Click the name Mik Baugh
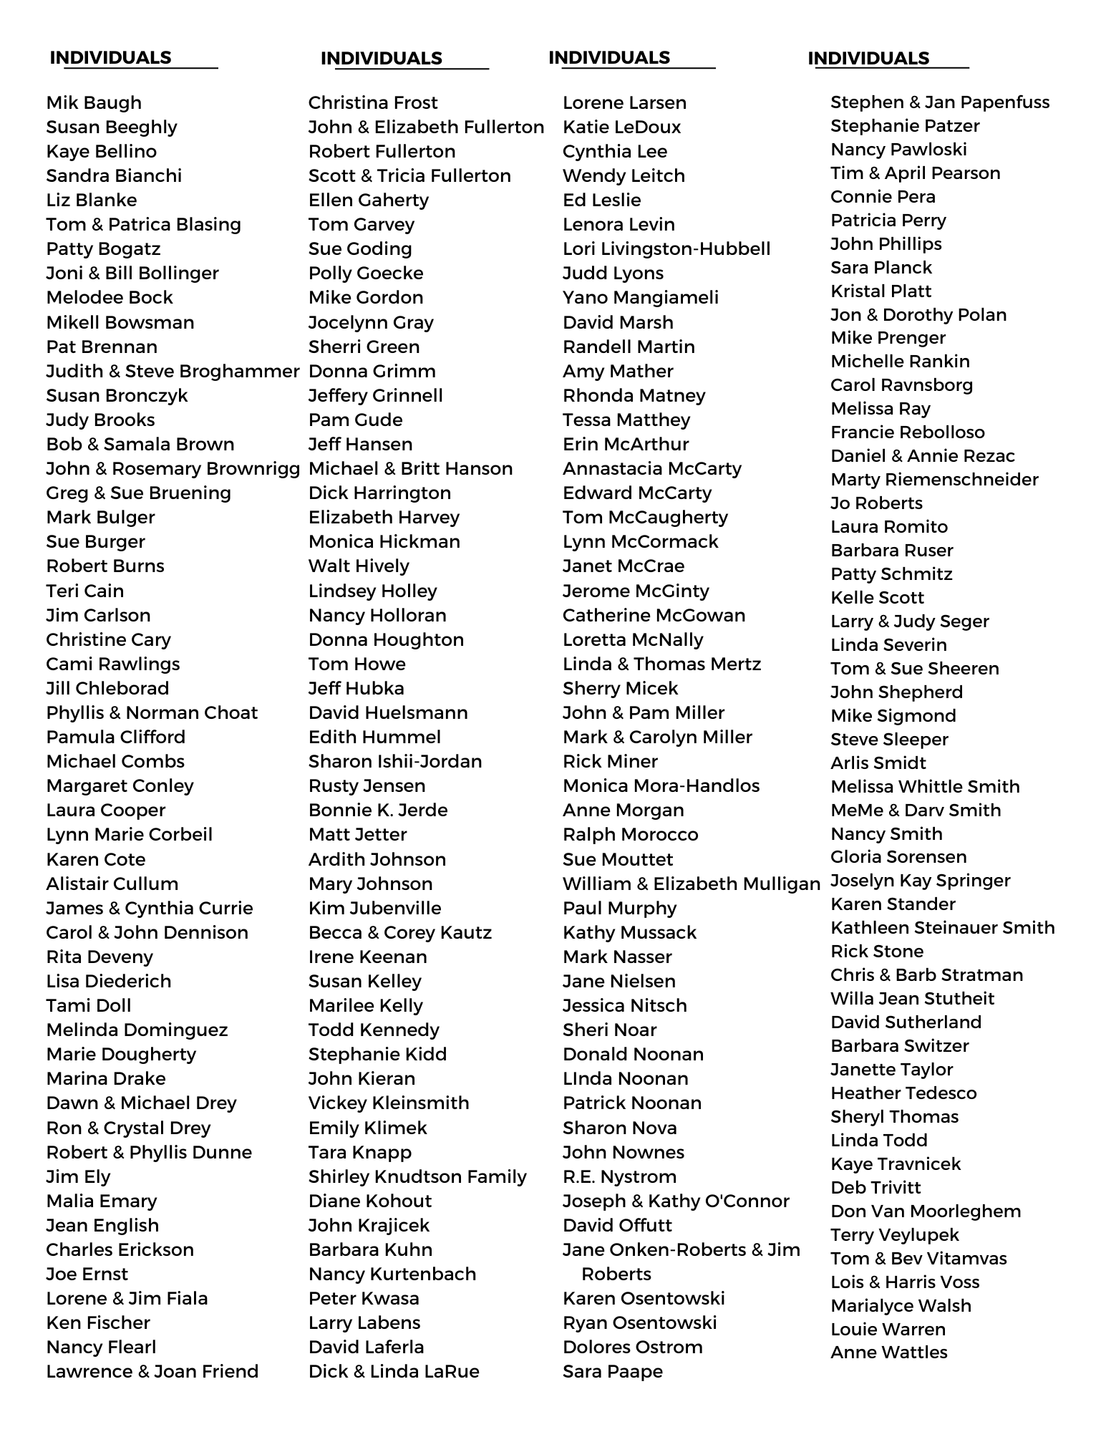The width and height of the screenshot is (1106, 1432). [94, 103]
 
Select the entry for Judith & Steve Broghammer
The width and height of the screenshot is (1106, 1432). [173, 372]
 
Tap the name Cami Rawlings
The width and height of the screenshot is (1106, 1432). [113, 664]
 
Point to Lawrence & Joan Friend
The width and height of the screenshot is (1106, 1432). [152, 1372]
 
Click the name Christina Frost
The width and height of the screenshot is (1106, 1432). [373, 103]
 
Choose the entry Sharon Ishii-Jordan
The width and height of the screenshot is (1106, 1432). [395, 762]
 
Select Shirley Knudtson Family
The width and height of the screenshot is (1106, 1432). [417, 1177]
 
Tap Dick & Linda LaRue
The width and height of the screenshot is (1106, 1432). [394, 1372]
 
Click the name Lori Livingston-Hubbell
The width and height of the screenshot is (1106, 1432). [666, 249]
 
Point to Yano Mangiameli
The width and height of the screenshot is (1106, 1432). [641, 298]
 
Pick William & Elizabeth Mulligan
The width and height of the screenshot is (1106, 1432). [692, 884]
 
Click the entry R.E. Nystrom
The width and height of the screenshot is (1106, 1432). [619, 1177]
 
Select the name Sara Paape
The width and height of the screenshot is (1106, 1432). [613, 1372]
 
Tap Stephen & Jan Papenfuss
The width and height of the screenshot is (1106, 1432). [940, 102]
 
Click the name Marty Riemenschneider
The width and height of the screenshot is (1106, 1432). [934, 480]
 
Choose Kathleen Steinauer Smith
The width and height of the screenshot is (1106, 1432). [943, 928]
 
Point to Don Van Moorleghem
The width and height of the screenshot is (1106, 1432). [926, 1211]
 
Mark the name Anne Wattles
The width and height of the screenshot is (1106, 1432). [889, 1353]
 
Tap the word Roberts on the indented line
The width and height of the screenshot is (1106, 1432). [616, 1274]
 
